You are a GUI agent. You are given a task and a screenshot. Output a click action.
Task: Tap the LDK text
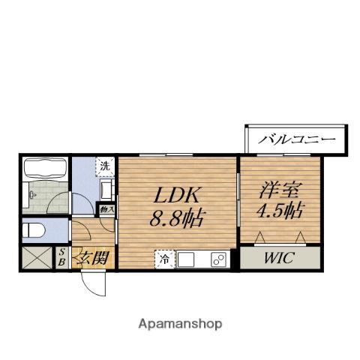[177, 196]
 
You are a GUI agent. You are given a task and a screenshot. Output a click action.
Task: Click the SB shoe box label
[61, 259]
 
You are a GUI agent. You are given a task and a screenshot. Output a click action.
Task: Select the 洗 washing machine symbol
[106, 166]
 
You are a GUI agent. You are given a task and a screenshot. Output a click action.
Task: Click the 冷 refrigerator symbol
[163, 259]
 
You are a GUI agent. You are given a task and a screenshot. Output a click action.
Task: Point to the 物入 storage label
[107, 210]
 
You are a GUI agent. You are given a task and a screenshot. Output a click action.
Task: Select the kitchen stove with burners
[217, 259]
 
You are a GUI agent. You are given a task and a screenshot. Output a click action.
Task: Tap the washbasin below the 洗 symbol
[106, 189]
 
